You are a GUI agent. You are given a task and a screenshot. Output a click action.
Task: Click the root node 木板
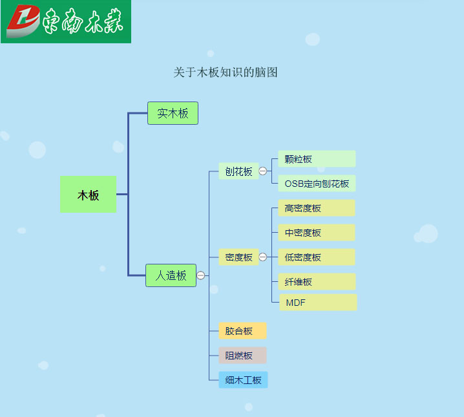(88, 195)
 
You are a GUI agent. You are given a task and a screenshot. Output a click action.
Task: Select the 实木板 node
(173, 113)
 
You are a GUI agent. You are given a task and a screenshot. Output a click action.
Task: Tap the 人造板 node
(171, 275)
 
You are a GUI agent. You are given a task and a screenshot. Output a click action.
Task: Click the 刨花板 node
(238, 171)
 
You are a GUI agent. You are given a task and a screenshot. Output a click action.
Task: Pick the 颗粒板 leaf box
(317, 159)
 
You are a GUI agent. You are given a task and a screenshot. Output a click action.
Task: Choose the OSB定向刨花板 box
(317, 184)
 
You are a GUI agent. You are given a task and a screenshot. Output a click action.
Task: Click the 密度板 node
(238, 257)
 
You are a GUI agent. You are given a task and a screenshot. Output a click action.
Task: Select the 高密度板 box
(317, 208)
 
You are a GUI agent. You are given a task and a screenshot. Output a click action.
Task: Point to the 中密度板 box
(317, 233)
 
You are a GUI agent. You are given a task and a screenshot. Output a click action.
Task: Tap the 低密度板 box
(317, 257)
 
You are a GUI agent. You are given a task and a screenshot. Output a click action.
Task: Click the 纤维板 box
(317, 281)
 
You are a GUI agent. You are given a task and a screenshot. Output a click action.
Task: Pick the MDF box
(318, 302)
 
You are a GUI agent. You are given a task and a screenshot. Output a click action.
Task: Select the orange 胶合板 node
(242, 330)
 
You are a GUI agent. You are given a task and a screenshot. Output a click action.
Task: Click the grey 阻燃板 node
(242, 355)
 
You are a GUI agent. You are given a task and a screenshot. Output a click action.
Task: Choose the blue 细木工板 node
(243, 380)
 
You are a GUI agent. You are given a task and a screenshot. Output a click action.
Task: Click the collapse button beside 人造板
(200, 275)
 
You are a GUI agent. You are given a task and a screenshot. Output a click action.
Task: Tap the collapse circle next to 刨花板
(263, 171)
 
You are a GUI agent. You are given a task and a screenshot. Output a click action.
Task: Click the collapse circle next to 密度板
(263, 257)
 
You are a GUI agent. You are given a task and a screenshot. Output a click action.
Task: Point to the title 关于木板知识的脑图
(226, 72)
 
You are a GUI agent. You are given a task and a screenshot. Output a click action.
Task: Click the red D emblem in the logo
(23, 21)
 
